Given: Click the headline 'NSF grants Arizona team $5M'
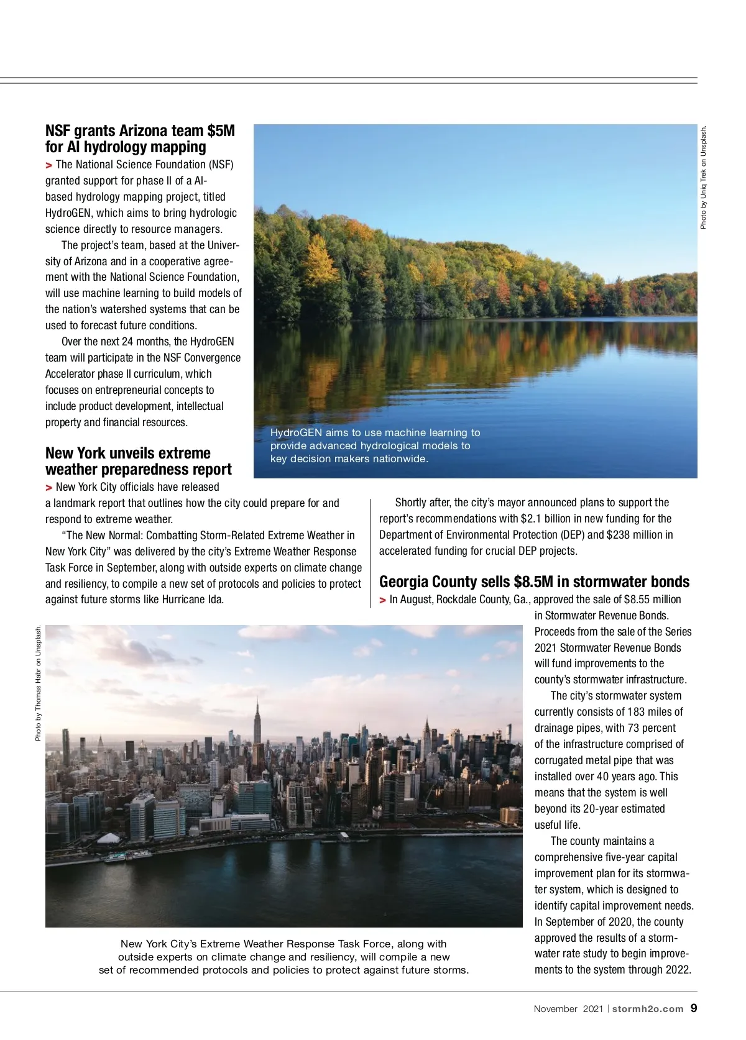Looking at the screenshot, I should [x=140, y=131].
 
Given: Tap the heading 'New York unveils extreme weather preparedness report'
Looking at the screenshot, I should [x=138, y=461].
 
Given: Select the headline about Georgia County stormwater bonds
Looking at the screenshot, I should [x=534, y=582].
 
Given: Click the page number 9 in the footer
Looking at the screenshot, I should [x=694, y=1008].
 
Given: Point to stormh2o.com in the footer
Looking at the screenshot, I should [x=648, y=1009].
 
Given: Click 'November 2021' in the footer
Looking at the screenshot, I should [x=568, y=1009].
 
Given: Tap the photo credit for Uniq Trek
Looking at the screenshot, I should [x=703, y=178].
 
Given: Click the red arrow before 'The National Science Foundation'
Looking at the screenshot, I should [x=48, y=165].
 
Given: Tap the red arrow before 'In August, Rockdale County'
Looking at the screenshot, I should [x=382, y=600].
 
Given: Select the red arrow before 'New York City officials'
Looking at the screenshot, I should [x=48, y=488].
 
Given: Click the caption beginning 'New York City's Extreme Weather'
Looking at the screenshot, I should [x=283, y=957].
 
